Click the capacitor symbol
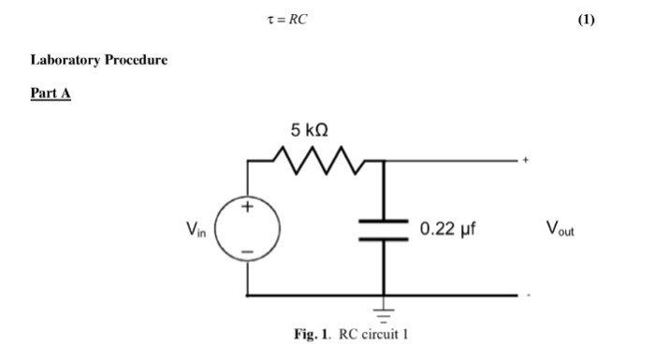(384, 229)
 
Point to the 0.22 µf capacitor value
(448, 228)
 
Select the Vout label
(560, 228)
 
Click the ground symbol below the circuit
(384, 310)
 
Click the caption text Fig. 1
(310, 337)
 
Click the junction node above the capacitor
(384, 161)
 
